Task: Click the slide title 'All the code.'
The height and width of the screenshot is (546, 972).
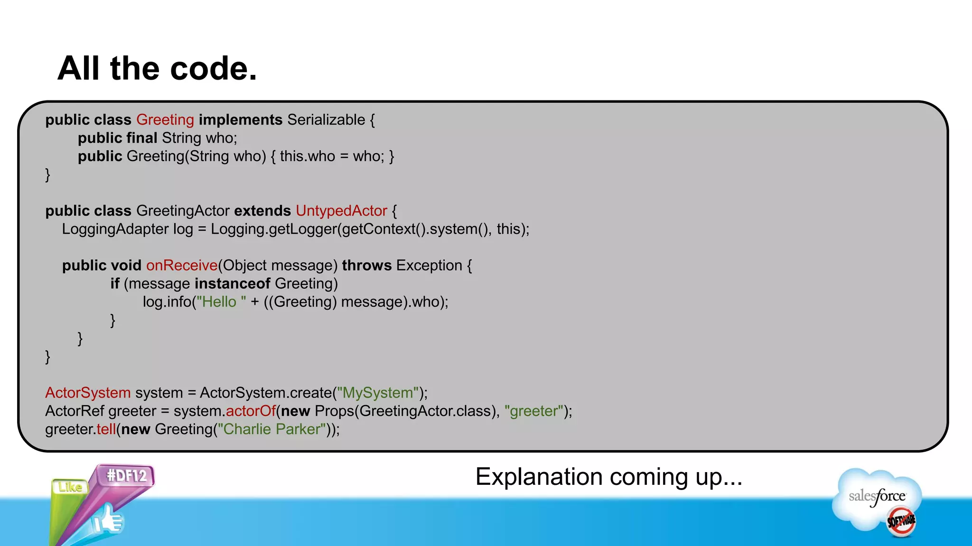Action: click(x=157, y=69)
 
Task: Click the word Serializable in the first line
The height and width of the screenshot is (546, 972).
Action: click(x=326, y=120)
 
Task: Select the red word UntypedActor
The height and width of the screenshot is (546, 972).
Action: click(x=341, y=211)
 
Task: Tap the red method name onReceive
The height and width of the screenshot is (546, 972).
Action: click(x=182, y=265)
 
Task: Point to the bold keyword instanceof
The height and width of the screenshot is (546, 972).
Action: click(x=232, y=283)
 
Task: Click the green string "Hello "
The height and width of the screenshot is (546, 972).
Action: click(x=221, y=302)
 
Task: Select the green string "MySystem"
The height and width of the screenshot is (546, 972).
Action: click(x=378, y=393)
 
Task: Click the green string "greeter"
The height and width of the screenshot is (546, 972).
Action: click(x=534, y=411)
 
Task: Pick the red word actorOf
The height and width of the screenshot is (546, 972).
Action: click(x=251, y=411)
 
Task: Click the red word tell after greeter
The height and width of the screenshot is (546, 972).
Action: click(x=106, y=429)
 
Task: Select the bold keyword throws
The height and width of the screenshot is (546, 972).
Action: click(x=366, y=265)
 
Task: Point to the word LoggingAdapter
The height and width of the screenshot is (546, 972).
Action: click(x=115, y=229)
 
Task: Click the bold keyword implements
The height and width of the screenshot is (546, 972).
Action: click(x=241, y=120)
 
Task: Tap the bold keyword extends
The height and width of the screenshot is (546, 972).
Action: click(x=262, y=211)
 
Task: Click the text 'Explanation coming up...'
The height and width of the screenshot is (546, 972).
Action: click(x=608, y=477)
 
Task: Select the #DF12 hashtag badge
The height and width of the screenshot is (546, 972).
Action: click(x=126, y=475)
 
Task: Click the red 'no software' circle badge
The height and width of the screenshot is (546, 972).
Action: click(x=901, y=522)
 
